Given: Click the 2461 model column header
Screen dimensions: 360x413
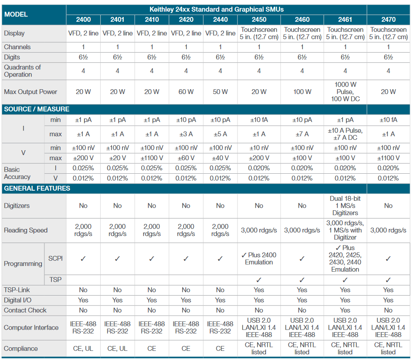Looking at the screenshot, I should coord(345,20).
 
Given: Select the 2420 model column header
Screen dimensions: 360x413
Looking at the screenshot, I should coord(186,20).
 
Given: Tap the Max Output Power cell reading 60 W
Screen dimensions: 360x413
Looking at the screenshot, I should coord(186,92).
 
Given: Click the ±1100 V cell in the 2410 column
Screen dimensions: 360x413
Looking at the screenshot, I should coord(152,158).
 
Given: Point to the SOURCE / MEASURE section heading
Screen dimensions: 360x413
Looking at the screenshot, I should coord(37,109).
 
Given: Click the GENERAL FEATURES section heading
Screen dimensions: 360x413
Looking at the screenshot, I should coord(37,188).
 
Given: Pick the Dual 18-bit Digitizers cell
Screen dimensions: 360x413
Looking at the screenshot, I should coord(345,205).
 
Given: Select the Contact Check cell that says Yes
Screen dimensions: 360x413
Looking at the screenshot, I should coord(345,310).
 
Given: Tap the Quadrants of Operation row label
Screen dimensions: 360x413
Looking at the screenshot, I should coord(22,71).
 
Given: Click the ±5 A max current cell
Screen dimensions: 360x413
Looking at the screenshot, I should coord(220,134).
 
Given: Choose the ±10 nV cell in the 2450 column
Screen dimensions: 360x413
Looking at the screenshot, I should coord(259,148).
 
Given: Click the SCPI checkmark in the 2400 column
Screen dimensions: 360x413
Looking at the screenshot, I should coord(83,259).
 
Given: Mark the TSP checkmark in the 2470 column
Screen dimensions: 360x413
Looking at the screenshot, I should coord(388,280).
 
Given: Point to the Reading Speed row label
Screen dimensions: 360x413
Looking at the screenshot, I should coord(26,230).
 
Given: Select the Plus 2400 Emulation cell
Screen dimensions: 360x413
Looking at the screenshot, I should coord(259,259).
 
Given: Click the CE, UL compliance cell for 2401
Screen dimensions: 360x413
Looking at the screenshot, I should coord(117,349).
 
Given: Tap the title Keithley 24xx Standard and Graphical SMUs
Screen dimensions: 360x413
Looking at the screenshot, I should coord(217,9).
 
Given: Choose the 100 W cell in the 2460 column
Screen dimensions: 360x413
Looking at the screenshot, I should coord(302,92).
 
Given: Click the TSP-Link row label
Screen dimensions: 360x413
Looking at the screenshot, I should coord(17,290).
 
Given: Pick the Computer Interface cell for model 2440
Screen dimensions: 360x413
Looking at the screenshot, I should coord(220,327).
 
